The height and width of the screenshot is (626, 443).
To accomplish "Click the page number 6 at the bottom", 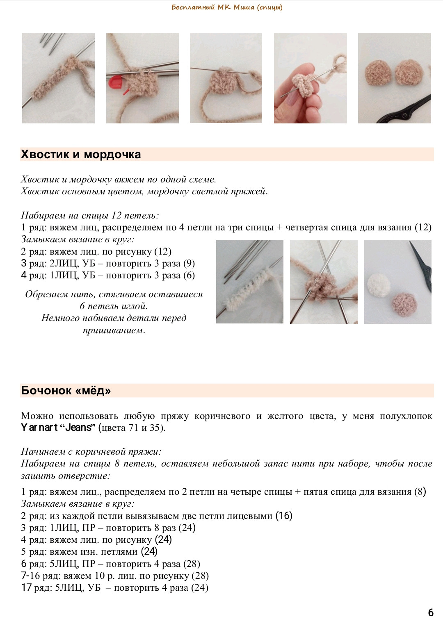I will click(x=430, y=612).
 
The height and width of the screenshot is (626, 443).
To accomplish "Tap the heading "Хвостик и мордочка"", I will click(x=81, y=155).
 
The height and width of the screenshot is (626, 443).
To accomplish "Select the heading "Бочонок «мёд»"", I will click(x=66, y=391).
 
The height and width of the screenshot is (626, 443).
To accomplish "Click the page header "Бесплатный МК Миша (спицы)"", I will click(x=227, y=7).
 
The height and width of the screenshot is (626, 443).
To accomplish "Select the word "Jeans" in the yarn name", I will click(x=79, y=428).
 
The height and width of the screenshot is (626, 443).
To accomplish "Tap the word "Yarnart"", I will click(x=39, y=428).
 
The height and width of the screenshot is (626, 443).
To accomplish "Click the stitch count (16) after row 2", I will click(x=284, y=516).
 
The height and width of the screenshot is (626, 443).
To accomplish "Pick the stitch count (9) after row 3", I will click(x=189, y=264).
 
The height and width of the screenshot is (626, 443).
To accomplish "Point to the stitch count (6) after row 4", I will click(x=189, y=275).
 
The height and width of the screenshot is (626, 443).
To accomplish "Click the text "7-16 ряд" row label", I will click(x=41, y=576).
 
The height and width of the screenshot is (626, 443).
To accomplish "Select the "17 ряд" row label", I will click(x=36, y=587).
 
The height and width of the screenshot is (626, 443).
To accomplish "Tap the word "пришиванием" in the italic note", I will click(x=114, y=330).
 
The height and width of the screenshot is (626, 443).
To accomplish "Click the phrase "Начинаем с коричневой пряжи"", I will click(x=91, y=452).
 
